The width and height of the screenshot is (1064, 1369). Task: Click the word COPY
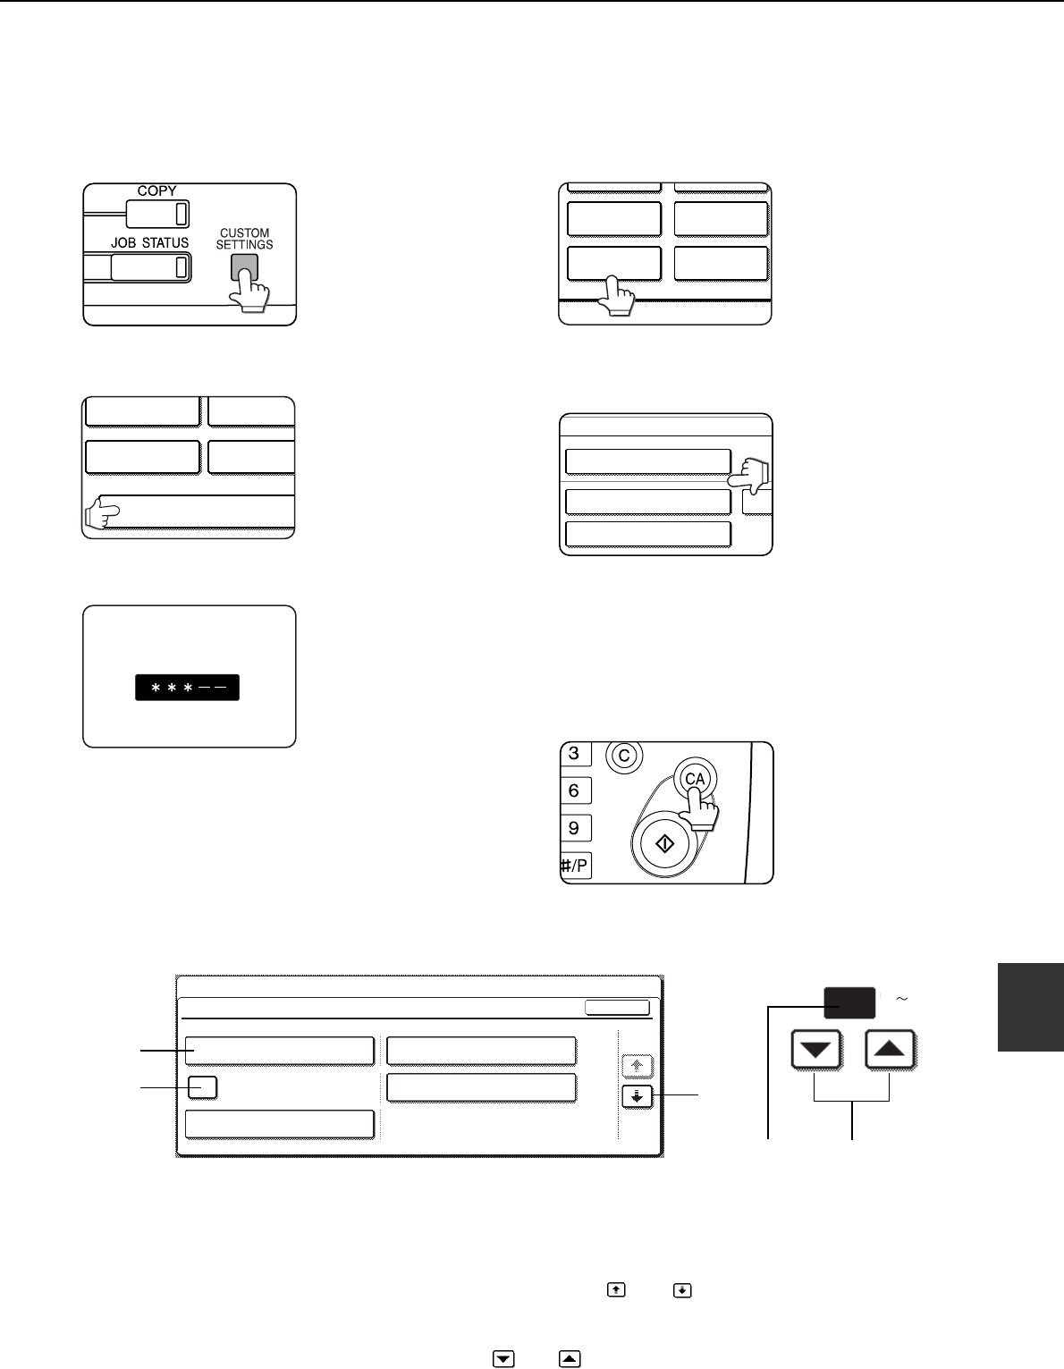pos(156,191)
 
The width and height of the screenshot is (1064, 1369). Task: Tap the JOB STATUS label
pos(149,243)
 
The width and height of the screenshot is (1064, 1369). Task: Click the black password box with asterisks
pos(187,687)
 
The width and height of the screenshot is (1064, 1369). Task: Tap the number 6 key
pos(574,790)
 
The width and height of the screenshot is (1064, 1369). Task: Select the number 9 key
pos(574,828)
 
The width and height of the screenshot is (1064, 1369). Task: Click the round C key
pos(624,756)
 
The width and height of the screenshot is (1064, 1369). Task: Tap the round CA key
pos(694,779)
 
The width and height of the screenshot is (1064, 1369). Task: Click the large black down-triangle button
pos(816,1052)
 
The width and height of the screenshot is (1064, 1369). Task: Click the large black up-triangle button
pos(891,1052)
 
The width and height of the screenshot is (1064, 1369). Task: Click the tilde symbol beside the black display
pos(902,998)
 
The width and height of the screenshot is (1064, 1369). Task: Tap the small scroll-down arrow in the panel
pos(637,1096)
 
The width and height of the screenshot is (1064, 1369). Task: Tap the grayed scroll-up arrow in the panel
pos(637,1066)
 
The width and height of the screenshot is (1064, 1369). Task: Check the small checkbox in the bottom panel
pos(203,1087)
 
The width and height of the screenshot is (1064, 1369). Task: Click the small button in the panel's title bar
pos(617,1007)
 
